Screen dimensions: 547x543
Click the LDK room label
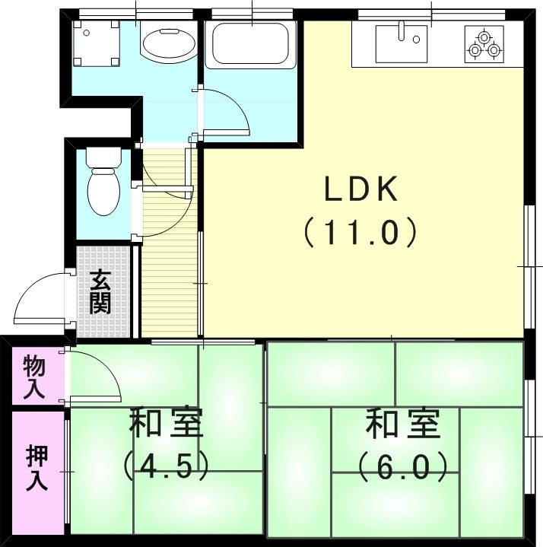click(x=361, y=189)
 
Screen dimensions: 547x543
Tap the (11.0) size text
click(x=361, y=231)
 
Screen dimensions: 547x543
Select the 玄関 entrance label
click(x=100, y=292)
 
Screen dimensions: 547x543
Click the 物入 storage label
click(x=35, y=377)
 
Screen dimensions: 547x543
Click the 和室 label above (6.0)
click(x=403, y=424)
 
